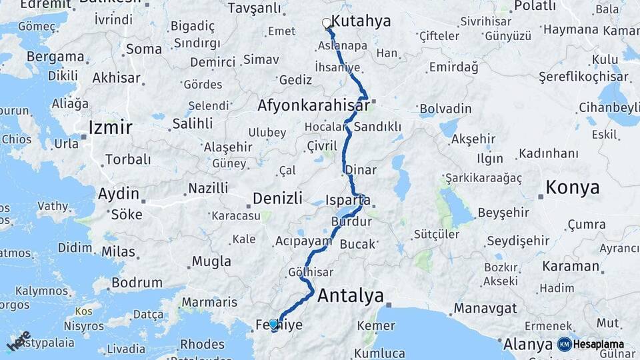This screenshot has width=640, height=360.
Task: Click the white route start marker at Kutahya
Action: click(327, 23)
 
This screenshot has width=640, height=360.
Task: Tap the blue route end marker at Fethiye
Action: click(273, 324)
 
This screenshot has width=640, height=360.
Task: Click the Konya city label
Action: click(572, 188)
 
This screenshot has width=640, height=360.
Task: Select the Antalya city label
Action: click(351, 295)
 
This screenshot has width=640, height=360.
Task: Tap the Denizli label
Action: click(277, 198)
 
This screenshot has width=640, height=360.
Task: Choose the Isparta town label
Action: click(348, 200)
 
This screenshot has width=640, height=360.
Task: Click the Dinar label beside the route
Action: click(361, 171)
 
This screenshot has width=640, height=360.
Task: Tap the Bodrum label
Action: click(137, 283)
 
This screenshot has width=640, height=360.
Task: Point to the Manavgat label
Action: click(486, 309)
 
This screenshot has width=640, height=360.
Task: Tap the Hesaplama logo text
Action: click(599, 345)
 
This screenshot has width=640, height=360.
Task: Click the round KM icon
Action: click(564, 345)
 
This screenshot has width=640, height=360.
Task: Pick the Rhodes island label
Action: click(203, 344)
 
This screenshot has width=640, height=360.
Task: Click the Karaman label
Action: click(571, 266)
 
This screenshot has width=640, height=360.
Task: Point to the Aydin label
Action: click(119, 195)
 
